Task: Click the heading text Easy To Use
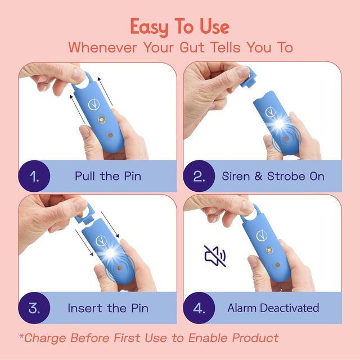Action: pos(180,27)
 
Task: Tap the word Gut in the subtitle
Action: pos(192,47)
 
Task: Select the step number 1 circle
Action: pos(34,176)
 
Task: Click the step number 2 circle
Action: pos(199,176)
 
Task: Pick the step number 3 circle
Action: pos(34,308)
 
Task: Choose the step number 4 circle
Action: pos(199,308)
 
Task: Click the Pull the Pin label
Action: pos(108,176)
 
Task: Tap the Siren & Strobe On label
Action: pos(273,176)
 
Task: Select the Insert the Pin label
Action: pos(108,308)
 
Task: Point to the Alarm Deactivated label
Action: pos(273,308)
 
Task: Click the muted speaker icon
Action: pos(215,256)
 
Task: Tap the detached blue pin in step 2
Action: pos(248,78)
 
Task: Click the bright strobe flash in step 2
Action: pos(279,124)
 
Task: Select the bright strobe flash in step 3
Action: pos(110,253)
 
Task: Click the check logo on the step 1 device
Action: pos(94,105)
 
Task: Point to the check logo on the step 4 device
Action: pos(262,236)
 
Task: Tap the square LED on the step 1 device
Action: pos(102,119)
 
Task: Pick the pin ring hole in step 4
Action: pos(253,213)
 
